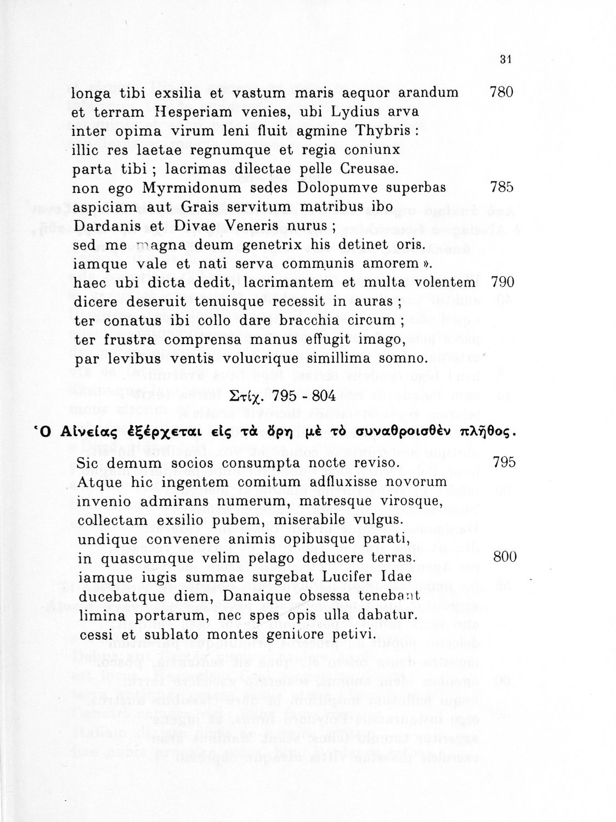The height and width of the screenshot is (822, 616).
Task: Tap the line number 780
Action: (x=501, y=92)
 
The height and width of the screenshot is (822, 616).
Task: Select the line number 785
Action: (x=501, y=187)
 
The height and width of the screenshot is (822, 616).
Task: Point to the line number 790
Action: (x=502, y=282)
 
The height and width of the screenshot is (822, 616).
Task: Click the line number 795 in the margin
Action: (x=504, y=463)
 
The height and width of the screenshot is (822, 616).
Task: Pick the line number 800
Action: (x=505, y=557)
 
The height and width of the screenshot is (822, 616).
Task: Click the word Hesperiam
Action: (x=181, y=112)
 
